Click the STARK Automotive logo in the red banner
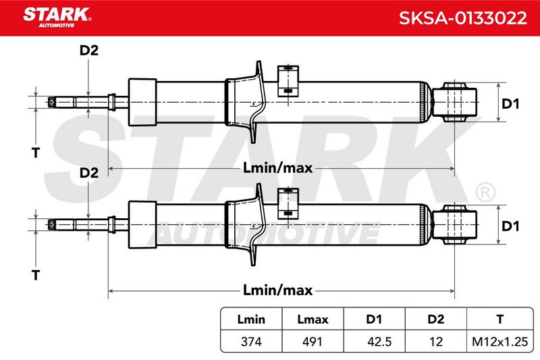click(x=57, y=18)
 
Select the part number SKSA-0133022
click(x=463, y=18)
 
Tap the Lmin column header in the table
click(x=251, y=319)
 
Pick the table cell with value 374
click(x=251, y=341)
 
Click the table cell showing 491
click(x=313, y=341)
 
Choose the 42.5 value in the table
click(x=379, y=341)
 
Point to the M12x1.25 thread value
click(x=500, y=341)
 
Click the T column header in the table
click(x=500, y=319)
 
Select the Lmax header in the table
click(x=313, y=319)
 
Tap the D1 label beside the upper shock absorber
click(x=510, y=104)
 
